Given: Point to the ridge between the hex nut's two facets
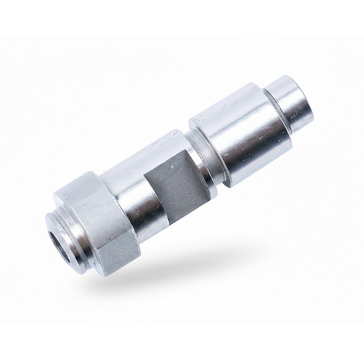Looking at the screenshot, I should point(98,206).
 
